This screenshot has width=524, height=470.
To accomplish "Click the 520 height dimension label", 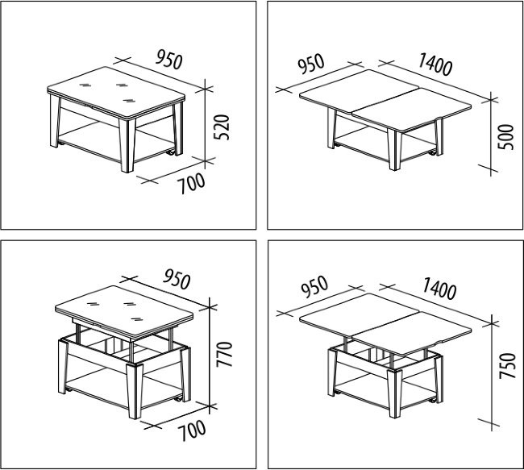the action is tap(222, 127).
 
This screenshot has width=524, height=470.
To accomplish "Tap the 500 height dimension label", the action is tap(505, 137).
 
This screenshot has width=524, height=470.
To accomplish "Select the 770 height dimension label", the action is tap(224, 354).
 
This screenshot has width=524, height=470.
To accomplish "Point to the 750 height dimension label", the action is tap(507, 365).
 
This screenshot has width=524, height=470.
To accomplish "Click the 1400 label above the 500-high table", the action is tap(435, 64).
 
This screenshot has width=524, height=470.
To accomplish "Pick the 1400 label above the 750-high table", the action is tap(439, 289).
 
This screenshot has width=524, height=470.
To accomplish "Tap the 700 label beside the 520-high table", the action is tap(191, 183).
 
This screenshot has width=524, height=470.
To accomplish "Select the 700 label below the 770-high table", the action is tap(192, 430).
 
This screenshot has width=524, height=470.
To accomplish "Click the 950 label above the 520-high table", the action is tap(169, 60).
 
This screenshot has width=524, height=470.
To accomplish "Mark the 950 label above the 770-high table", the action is tap(177, 280).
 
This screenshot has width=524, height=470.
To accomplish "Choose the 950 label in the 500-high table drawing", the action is tap(311, 64).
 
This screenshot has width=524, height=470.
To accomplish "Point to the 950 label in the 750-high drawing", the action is tap(314, 287).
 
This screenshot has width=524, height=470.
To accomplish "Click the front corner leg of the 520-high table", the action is tap(127, 145).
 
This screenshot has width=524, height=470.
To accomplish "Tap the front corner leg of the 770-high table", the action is tap(135, 391).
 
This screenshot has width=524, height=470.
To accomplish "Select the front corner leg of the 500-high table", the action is tap(394, 150).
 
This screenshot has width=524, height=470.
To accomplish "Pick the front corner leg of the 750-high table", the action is tap(395, 393).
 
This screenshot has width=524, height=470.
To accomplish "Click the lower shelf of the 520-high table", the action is tap(117, 142).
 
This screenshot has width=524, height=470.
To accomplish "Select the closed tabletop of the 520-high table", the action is tap(116, 93).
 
